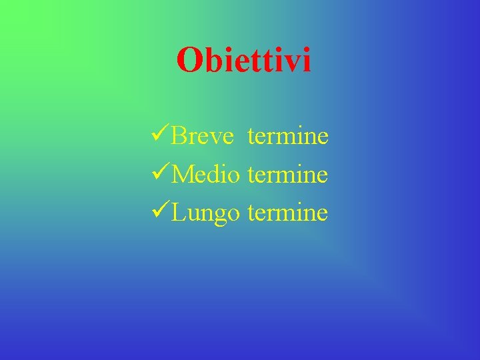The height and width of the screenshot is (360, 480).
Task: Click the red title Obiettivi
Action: coord(244,61)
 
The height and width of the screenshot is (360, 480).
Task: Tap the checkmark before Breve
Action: coord(161,136)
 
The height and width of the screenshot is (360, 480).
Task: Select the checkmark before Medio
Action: coord(161,175)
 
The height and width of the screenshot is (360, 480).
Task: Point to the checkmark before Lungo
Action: coord(161,213)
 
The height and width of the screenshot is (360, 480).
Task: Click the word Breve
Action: coord(203,137)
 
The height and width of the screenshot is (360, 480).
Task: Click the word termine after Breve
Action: coord(287,137)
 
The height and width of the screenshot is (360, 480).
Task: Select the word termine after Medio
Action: coord(287,175)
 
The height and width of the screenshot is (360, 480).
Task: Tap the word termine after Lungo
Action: coord(287,213)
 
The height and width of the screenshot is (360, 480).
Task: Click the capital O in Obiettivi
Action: coord(189,61)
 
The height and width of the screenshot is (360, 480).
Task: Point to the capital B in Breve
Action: coord(178,137)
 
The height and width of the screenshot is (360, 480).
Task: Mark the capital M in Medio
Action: coord(182,175)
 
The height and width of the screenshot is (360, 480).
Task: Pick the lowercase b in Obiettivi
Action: coord(210,61)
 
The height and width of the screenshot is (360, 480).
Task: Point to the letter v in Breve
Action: coord(214,139)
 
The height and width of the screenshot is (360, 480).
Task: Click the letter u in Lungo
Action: coord(193,215)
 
